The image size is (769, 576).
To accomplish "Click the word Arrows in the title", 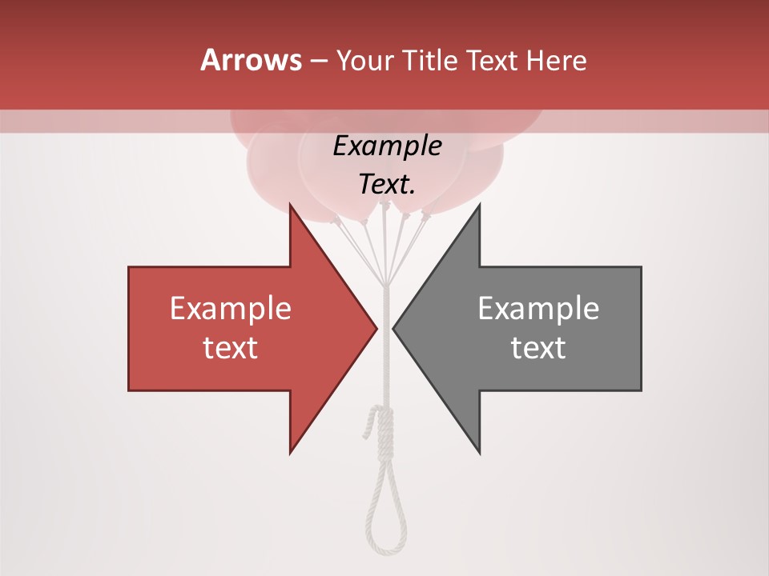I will tap(251, 60).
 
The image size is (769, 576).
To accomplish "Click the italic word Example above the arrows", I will tap(387, 146).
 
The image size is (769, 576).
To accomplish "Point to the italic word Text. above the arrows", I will tap(387, 185).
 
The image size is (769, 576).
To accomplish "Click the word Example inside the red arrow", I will tap(230, 309).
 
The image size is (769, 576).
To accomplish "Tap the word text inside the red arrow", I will tap(230, 347).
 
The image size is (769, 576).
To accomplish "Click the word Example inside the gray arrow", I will tap(538, 309).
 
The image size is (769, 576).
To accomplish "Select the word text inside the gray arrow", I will tap(538, 347).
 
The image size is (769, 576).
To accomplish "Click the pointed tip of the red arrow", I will tap(376, 328).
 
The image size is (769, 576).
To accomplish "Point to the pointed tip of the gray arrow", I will tap(394, 328).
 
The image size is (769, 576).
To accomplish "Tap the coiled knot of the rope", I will tap(384, 428).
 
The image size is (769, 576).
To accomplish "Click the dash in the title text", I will tap(318, 61).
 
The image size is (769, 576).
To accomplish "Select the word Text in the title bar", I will tap(493, 61).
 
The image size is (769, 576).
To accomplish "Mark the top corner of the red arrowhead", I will tap(291, 205).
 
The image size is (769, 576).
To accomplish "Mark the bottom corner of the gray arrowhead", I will tap(479, 453).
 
